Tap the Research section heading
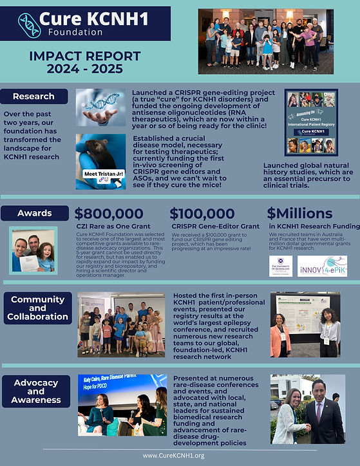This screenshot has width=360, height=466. pos(33,97)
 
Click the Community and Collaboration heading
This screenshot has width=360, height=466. pos(38,308)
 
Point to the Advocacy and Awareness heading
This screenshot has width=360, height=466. pos(36,391)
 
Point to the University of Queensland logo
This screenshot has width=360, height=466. pos(281,266)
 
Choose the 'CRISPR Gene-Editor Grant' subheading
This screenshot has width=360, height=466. pos(215,227)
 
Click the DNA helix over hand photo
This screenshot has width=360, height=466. pos(100,107)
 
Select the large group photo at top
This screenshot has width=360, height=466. pos(261,40)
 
